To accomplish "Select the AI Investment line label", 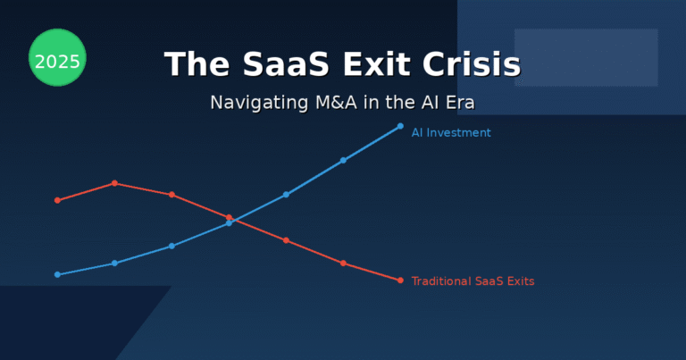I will coord(450,133).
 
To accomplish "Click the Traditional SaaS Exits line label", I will coord(473,281).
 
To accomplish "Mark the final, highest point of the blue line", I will coord(400,126).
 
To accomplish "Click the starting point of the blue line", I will coord(57,274).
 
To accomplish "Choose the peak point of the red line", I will coord(114,183).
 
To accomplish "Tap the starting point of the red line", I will coord(57,200).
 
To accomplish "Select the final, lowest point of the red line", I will coord(400,280).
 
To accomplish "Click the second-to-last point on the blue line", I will coord(343,161).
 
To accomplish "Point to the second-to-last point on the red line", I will coord(343,264).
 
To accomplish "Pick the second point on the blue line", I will coord(114,264).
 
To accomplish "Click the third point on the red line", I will coord(171,195).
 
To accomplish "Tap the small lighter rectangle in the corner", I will coord(586,57).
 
